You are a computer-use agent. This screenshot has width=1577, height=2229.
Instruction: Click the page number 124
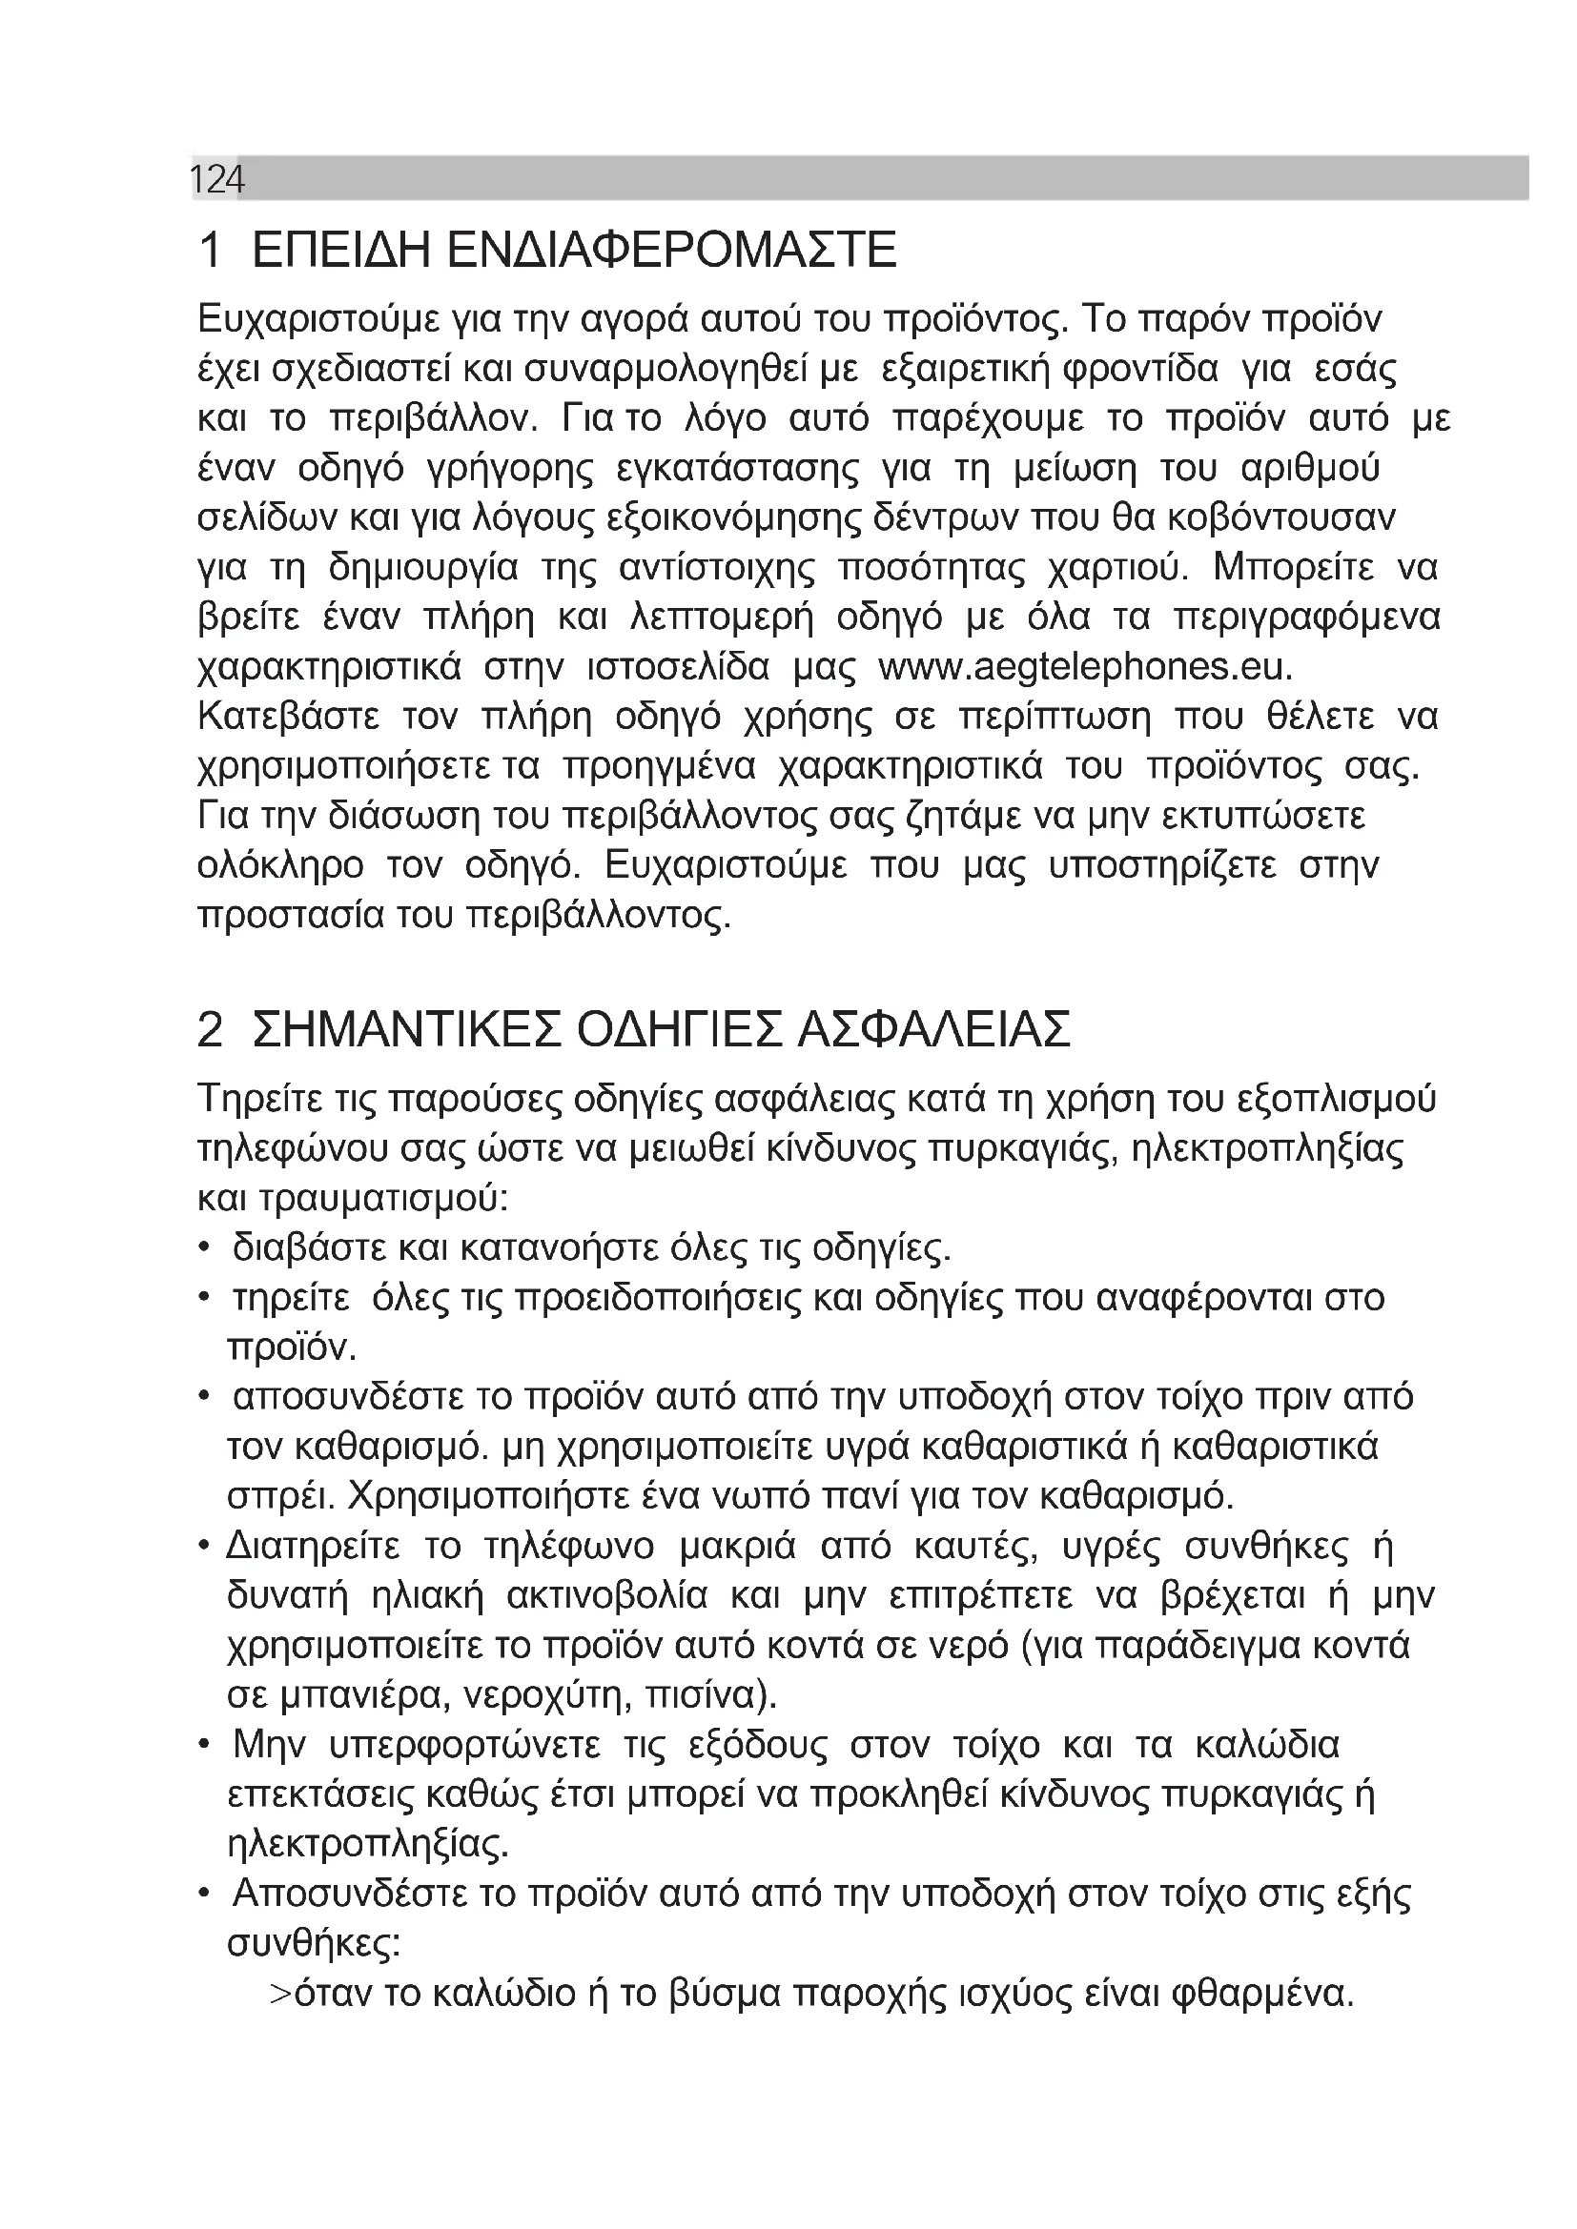[216, 179]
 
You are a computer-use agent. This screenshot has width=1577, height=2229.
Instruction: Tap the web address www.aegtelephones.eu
[1086, 668]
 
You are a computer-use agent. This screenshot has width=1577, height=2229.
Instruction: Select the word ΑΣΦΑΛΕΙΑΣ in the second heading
[933, 1029]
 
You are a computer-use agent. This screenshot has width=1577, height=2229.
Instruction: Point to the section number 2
[210, 1029]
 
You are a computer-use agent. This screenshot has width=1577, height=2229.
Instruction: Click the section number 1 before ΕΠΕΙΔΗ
[210, 251]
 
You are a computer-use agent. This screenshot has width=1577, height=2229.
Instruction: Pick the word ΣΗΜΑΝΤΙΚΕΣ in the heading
[407, 1029]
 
